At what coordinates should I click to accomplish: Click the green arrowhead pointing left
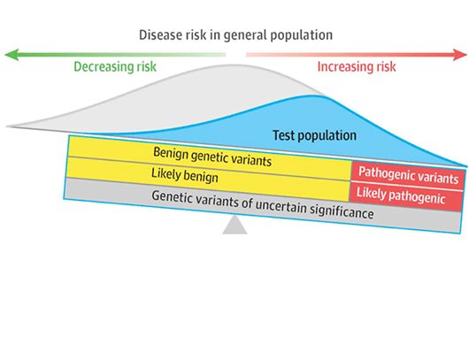point(12,55)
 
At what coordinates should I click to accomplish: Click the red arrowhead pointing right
point(460,55)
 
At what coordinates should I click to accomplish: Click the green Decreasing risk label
point(115,66)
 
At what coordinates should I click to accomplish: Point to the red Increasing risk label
point(357,66)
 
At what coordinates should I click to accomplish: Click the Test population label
point(314,135)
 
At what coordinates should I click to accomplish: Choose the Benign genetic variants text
point(212,157)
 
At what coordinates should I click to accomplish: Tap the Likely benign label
point(185,175)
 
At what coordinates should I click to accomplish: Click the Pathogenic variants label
point(408,175)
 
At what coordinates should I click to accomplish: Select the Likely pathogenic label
point(401,195)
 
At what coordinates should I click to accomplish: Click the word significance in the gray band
point(342,211)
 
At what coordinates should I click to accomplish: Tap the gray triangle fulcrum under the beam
point(234,226)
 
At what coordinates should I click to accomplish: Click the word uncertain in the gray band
point(281,206)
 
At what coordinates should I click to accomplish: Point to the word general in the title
point(246,36)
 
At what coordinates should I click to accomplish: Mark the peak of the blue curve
point(313,96)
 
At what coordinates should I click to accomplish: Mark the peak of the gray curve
point(236,65)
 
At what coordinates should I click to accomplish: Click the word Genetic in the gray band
point(171,196)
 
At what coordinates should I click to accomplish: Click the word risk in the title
point(196,35)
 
